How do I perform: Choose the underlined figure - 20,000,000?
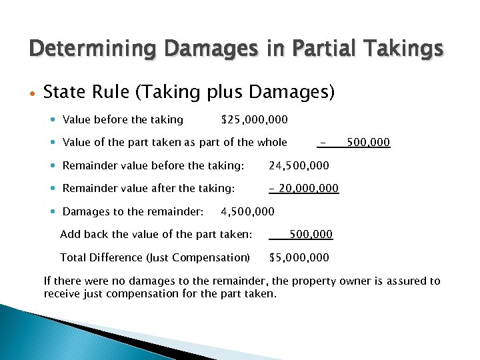pyautogui.click(x=304, y=189)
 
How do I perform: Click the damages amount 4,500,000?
pyautogui.click(x=247, y=212)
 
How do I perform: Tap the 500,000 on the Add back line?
pyautogui.click(x=311, y=235)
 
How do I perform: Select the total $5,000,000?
pyautogui.click(x=299, y=257)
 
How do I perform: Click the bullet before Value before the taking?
pyautogui.click(x=53, y=120)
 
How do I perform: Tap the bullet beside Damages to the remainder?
pyautogui.click(x=53, y=212)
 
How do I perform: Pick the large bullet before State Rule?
pyautogui.click(x=31, y=93)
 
